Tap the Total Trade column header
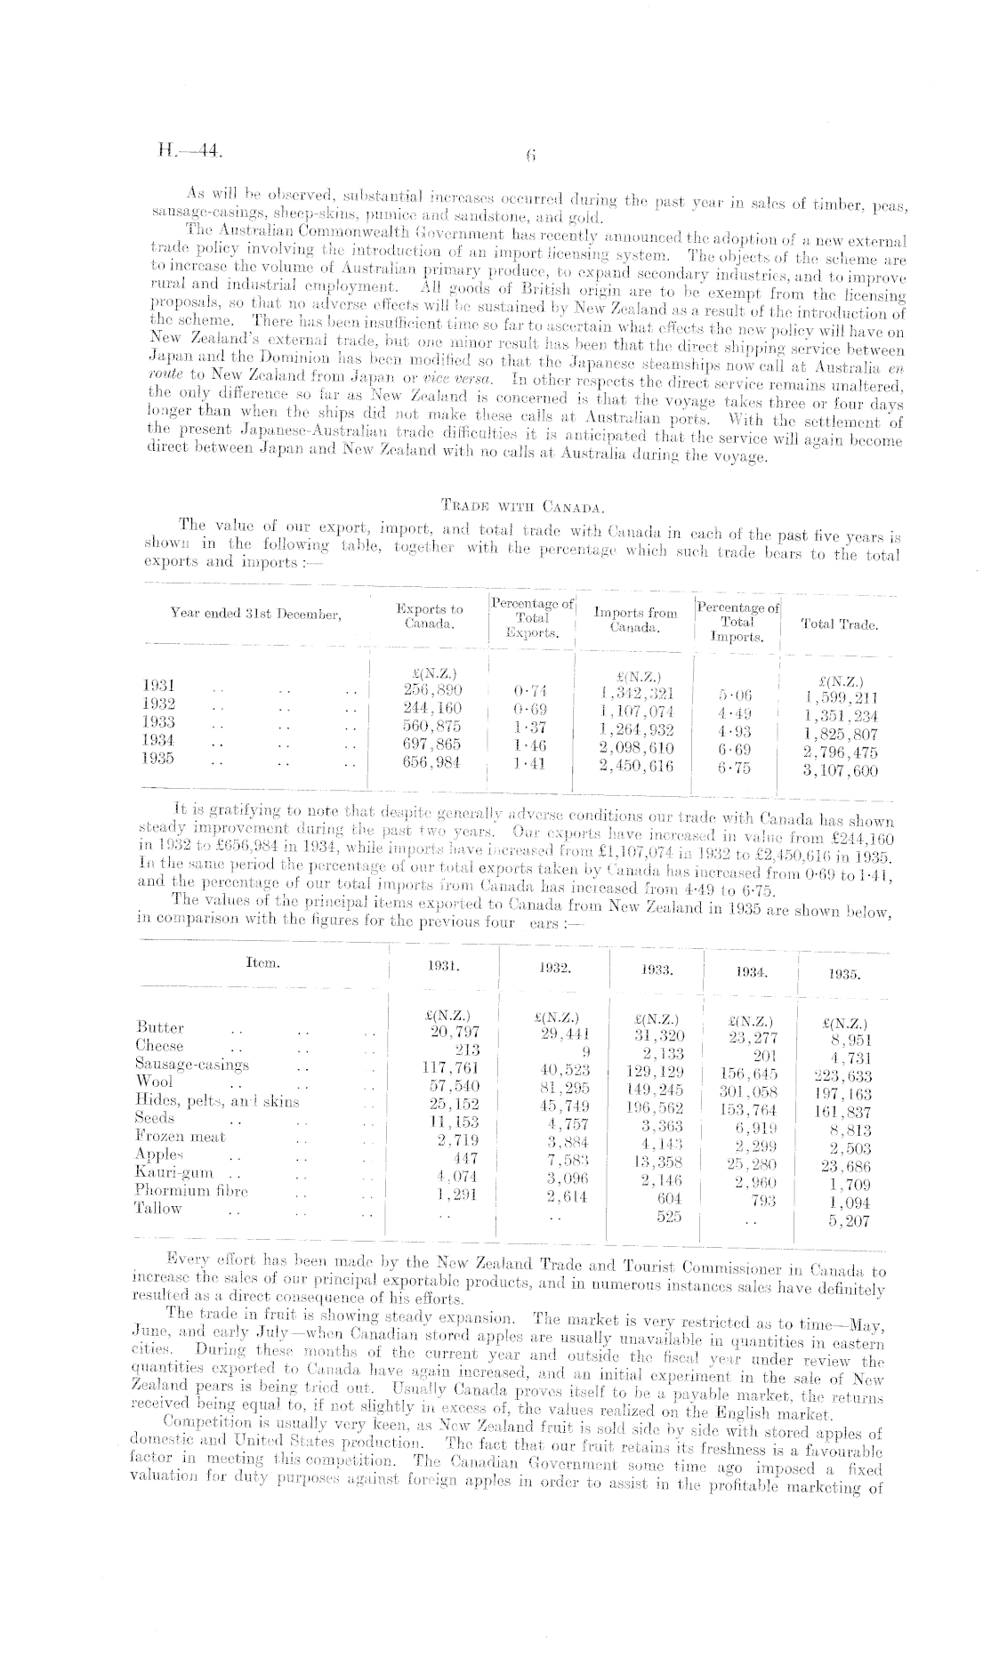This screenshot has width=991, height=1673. [839, 624]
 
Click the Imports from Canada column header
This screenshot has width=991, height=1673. [634, 620]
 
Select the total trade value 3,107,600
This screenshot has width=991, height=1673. [841, 771]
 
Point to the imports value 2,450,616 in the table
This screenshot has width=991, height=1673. [636, 765]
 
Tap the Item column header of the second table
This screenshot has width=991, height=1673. [262, 961]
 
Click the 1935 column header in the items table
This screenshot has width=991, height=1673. [844, 974]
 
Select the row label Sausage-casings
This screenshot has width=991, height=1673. [192, 1064]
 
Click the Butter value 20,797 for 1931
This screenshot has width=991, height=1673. [448, 1032]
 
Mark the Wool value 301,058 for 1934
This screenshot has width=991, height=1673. [750, 1091]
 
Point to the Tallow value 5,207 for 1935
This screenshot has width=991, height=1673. [850, 1221]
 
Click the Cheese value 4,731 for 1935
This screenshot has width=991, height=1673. [850, 1058]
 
